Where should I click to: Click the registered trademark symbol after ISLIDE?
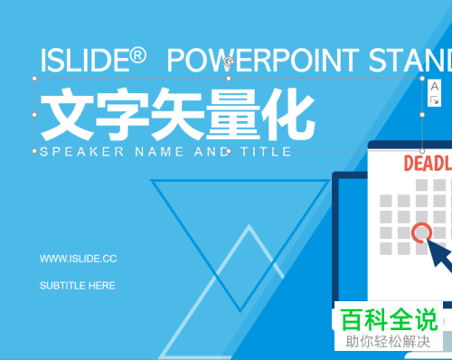coord(138,56)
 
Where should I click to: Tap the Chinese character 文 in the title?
coord(69,115)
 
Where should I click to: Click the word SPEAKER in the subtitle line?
coord(81,152)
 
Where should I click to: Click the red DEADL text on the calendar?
coord(426,164)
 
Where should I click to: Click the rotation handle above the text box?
coord(229,62)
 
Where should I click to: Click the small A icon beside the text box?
coord(434,87)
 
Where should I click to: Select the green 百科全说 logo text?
coord(390,319)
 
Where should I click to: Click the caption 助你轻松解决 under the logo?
coord(390,342)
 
